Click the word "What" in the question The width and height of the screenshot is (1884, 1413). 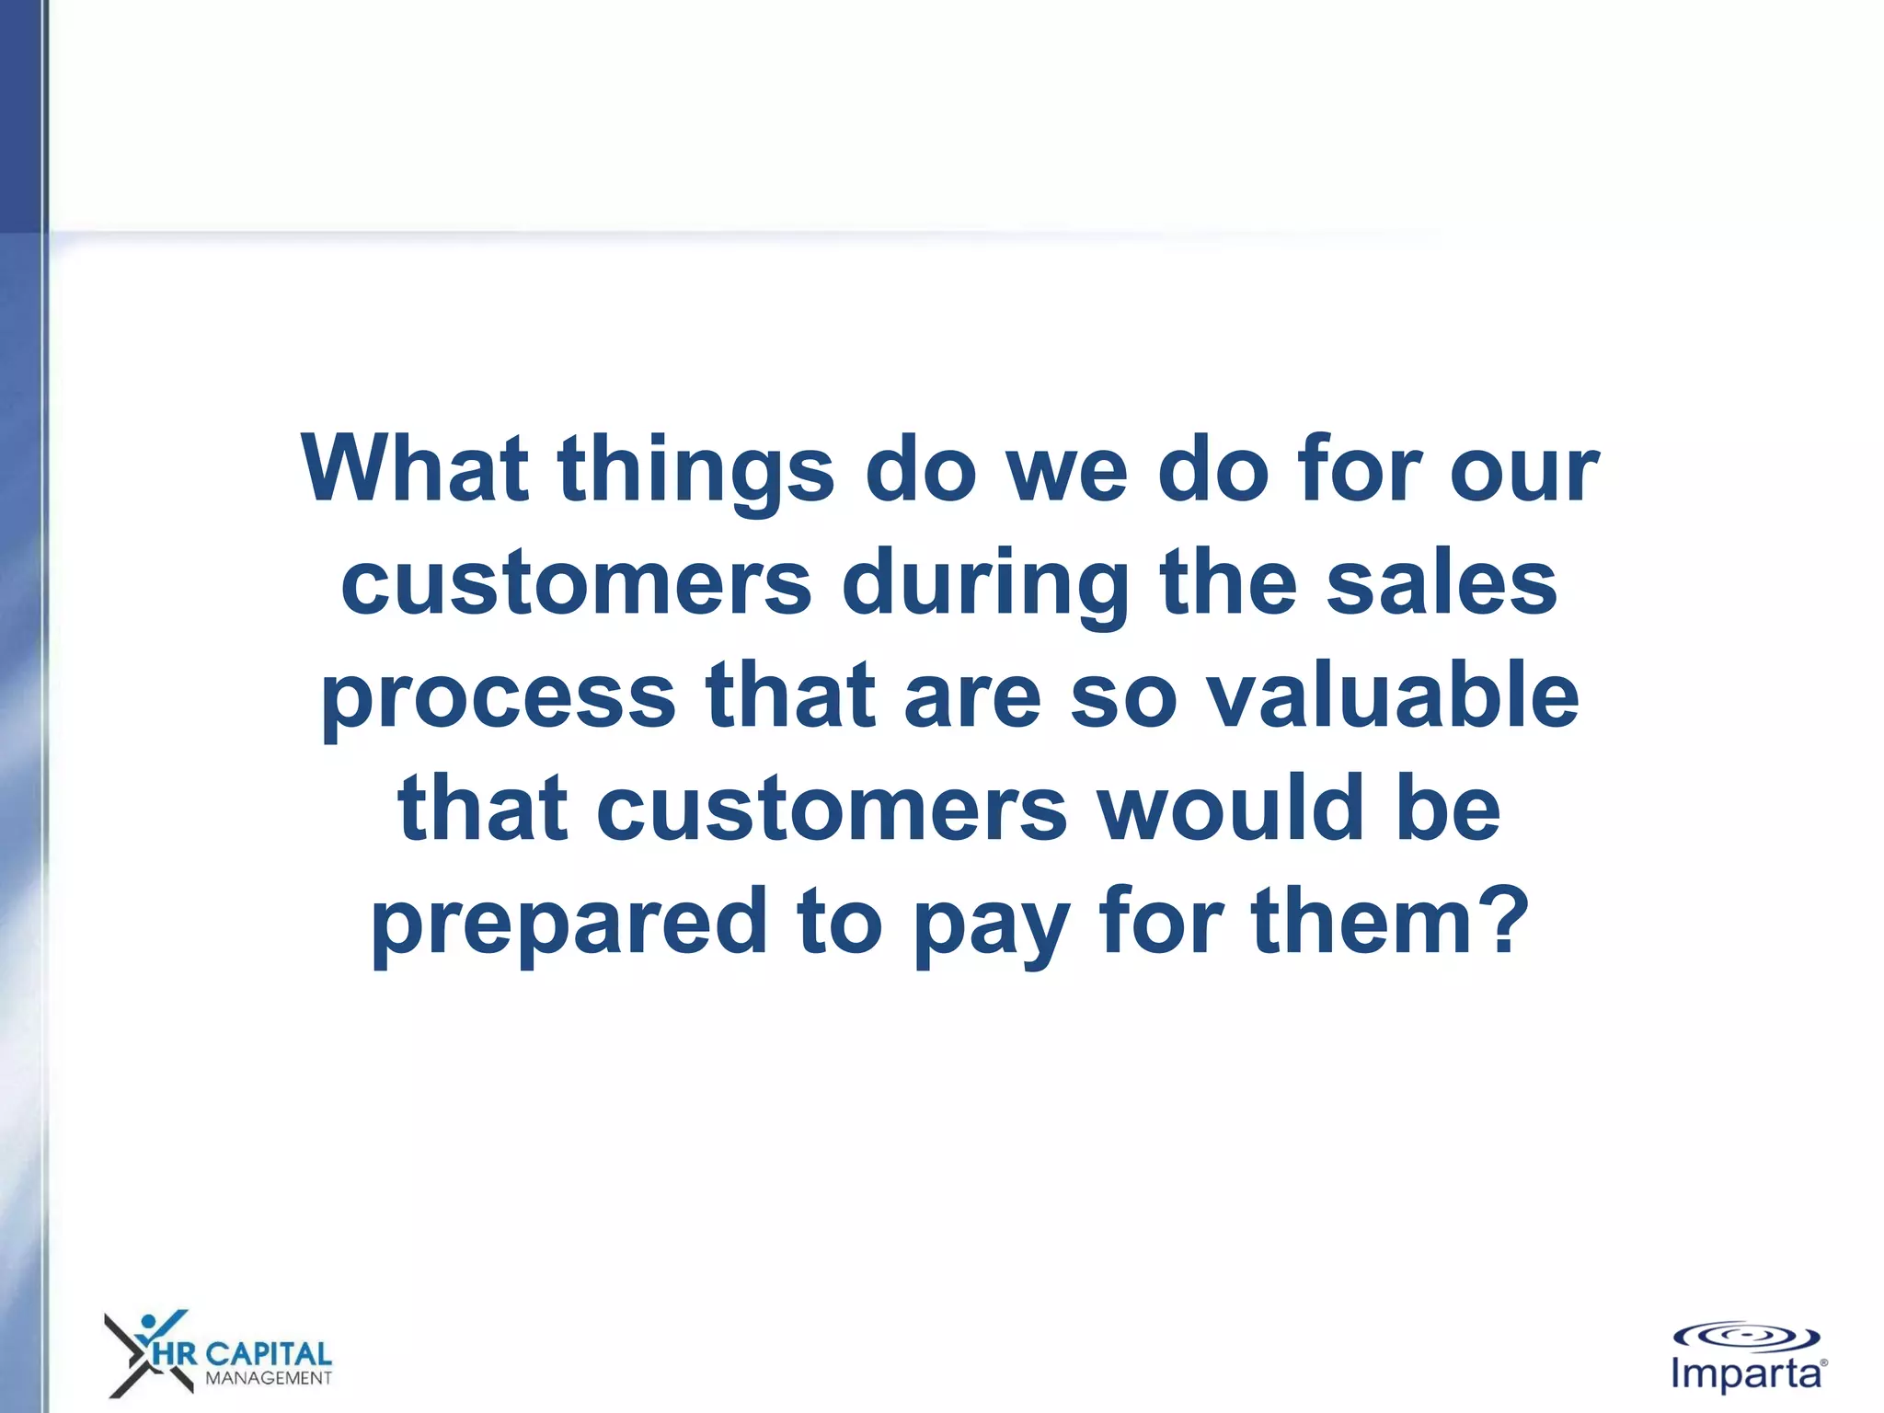(415, 468)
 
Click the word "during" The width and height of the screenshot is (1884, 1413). (985, 585)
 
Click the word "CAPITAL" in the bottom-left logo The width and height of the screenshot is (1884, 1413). (268, 1353)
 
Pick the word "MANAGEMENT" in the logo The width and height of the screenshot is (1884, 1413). (268, 1378)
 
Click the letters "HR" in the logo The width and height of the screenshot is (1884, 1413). (174, 1354)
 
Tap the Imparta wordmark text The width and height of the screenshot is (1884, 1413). (1747, 1374)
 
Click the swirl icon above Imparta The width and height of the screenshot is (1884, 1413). (1746, 1337)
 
